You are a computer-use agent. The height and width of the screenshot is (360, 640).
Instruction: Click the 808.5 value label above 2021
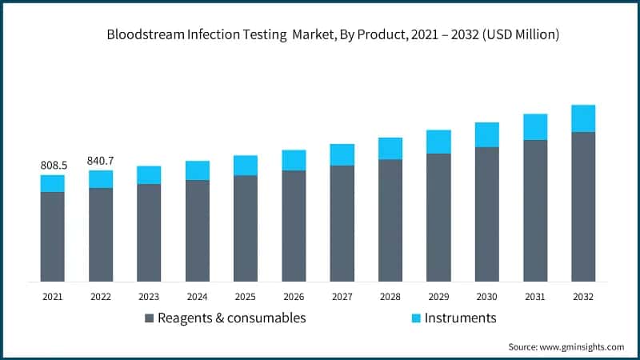(54, 166)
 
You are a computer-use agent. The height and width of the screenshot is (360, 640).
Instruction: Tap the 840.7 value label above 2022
(101, 161)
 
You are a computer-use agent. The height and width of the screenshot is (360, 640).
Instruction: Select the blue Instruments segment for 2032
(583, 118)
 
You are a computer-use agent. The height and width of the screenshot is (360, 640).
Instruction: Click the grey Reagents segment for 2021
(53, 236)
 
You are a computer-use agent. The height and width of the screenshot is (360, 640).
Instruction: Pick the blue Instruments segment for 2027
(342, 154)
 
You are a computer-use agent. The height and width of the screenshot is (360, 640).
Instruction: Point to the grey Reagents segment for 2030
(486, 214)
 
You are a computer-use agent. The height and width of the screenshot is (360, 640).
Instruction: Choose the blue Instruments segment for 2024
(198, 170)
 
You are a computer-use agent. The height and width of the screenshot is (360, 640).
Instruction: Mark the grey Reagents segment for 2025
(246, 228)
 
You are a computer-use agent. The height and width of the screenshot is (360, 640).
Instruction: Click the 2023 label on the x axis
(149, 296)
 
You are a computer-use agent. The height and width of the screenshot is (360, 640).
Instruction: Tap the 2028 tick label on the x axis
(390, 296)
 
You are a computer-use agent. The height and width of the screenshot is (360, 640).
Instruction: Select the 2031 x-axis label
(535, 296)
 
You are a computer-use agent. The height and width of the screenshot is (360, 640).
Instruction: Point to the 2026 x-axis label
(294, 296)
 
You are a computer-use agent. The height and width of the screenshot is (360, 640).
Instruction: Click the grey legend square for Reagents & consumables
(149, 318)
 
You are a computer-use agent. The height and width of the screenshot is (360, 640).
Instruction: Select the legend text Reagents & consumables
(231, 318)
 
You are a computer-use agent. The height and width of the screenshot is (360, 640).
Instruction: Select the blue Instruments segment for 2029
(438, 142)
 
